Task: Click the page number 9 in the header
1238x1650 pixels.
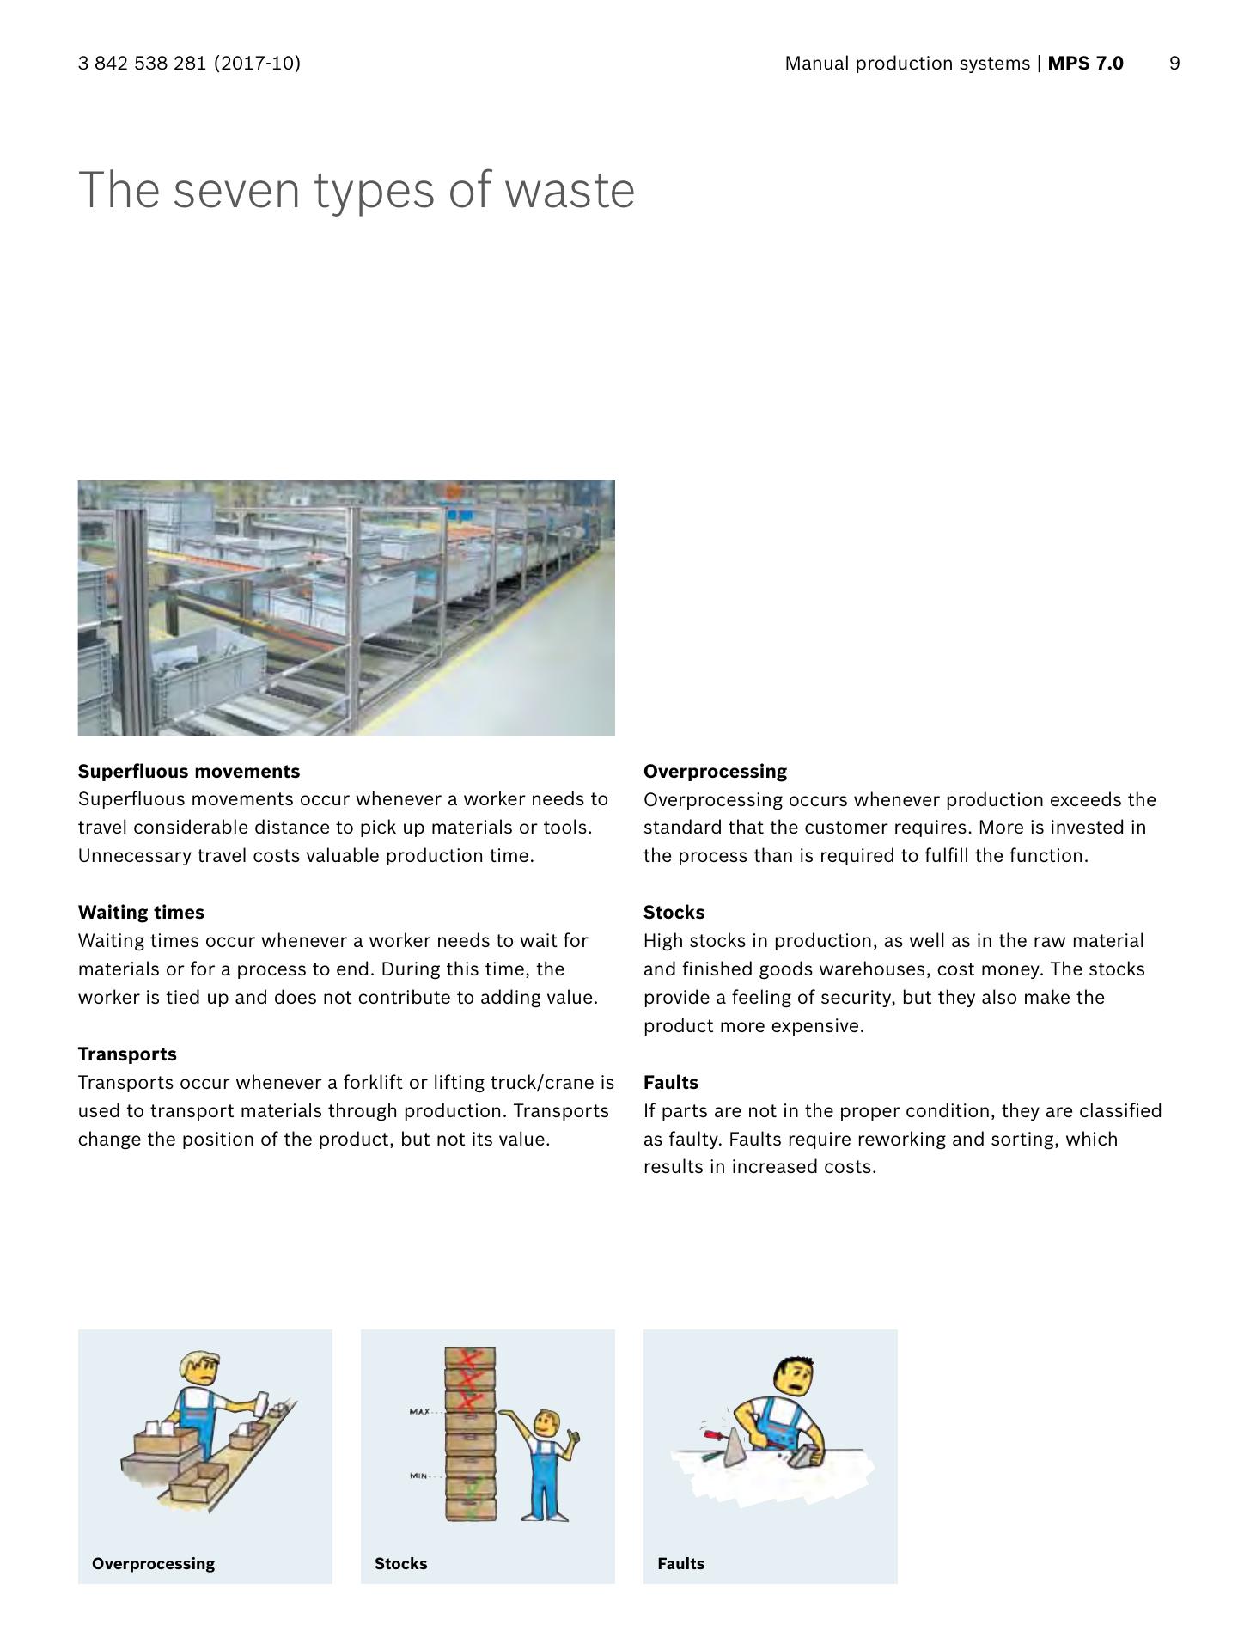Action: point(1174,64)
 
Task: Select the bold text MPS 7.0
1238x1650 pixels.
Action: point(1085,64)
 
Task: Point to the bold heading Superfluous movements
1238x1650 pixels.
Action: point(189,771)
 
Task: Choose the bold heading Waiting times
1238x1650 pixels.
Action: point(141,912)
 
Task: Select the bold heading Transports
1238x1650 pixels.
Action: point(127,1054)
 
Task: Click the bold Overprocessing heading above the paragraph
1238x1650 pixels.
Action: point(715,771)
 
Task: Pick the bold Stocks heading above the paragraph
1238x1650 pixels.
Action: point(674,912)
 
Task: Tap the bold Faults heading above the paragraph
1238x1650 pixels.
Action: point(670,1082)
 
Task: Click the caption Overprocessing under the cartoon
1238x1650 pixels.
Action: point(153,1563)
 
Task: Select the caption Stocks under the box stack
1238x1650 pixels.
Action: point(400,1563)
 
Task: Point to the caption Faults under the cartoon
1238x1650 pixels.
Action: point(680,1563)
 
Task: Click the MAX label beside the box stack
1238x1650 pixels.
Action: point(419,1412)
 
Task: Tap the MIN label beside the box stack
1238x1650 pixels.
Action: point(418,1476)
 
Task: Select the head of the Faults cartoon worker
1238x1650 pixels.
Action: point(794,1376)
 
